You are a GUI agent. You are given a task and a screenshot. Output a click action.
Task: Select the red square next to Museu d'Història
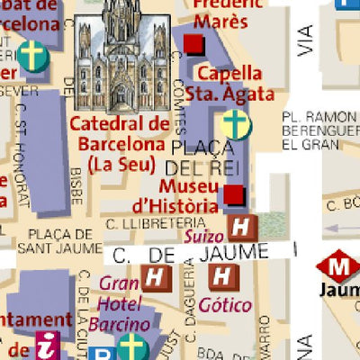coord(234,194)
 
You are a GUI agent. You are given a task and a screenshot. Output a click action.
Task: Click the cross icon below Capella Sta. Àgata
coord(236,124)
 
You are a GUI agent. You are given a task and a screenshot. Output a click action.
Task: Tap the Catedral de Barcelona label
coord(121,134)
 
